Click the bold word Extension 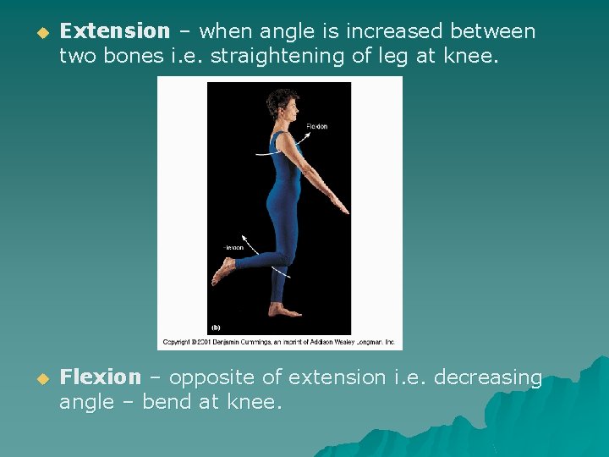click(115, 32)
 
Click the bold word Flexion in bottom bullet click(101, 377)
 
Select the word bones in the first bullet click(125, 57)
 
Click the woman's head click(282, 104)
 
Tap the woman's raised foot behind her click(223, 272)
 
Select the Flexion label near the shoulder click(316, 127)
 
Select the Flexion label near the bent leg click(233, 248)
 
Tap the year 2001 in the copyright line click(206, 342)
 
